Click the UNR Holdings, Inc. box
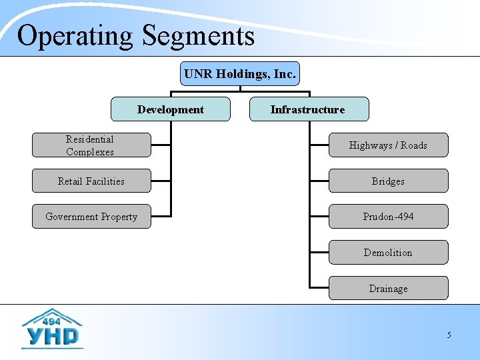240,74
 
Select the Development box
171,109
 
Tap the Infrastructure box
308,109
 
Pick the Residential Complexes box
91,145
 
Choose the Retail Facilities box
91,181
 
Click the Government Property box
91,217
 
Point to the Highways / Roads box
388,145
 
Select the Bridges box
388,181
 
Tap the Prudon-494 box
388,217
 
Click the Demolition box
388,253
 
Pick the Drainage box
388,289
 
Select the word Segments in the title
199,36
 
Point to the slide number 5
449,335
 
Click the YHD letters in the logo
52,335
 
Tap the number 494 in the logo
52,319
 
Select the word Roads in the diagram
414,145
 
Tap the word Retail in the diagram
71,181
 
